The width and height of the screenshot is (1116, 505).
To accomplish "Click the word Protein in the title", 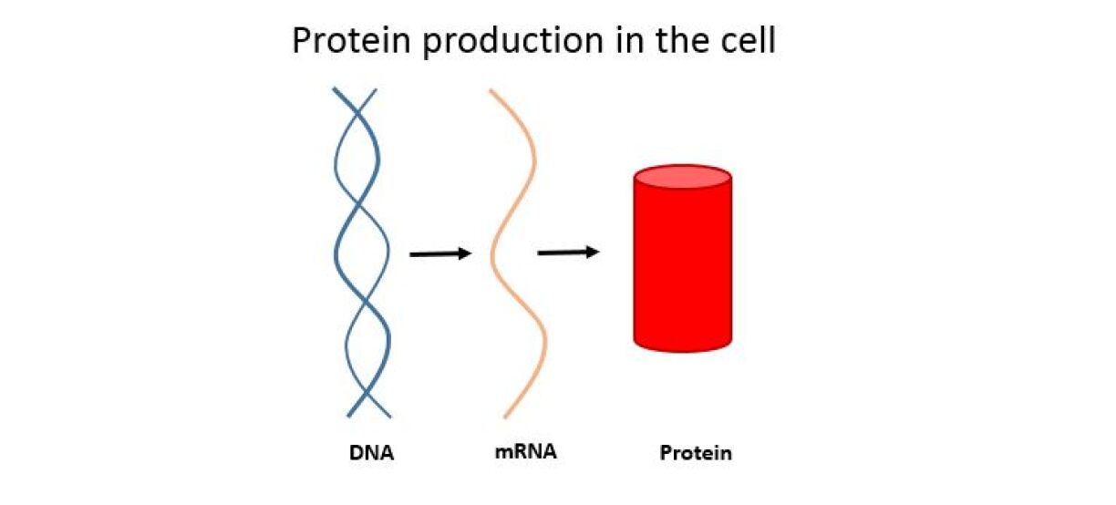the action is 351,40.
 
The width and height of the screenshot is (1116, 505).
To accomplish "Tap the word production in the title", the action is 512,42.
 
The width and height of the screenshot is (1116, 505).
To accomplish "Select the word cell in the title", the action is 748,40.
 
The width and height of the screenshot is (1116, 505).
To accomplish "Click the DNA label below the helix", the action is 372,453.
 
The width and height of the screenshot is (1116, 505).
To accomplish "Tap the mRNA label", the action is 525,451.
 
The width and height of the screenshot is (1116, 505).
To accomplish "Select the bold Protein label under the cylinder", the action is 696,453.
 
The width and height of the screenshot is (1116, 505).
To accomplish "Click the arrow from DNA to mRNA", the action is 440,254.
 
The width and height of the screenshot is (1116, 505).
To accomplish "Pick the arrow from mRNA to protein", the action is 568,252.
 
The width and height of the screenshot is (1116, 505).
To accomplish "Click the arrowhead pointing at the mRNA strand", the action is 465,253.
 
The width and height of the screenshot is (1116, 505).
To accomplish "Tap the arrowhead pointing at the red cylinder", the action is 593,252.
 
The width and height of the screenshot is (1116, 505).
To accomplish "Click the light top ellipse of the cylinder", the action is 683,177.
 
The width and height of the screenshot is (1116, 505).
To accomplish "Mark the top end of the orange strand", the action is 491,91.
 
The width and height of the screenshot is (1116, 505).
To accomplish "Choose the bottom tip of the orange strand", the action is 505,417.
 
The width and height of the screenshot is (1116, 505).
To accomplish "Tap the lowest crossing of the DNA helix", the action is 367,395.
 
